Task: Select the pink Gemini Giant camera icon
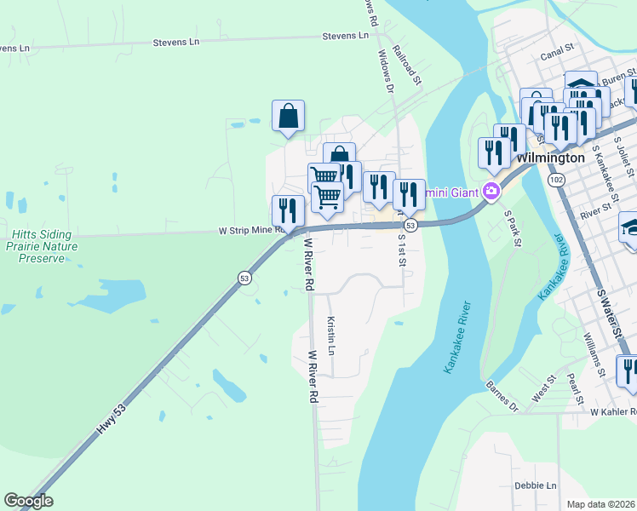(491, 191)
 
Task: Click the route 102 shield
(557, 181)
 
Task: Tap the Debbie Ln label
(535, 485)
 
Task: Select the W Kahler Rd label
(612, 411)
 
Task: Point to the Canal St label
(560, 56)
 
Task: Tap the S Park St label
(512, 228)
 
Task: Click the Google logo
(28, 501)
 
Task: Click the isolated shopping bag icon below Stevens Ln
(288, 116)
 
